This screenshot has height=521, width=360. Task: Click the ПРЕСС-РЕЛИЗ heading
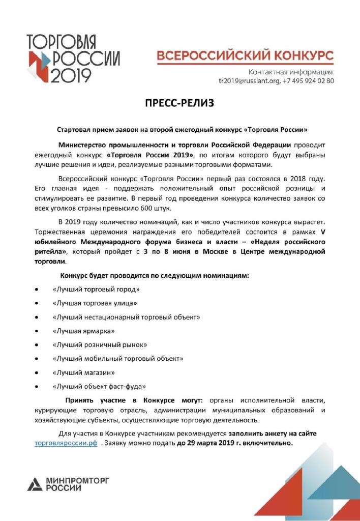(179, 104)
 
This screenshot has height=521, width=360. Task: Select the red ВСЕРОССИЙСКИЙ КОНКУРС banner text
(245, 55)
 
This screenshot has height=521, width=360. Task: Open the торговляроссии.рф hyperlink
(66, 443)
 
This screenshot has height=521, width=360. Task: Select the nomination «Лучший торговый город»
(96, 289)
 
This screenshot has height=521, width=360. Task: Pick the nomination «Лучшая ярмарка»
(83, 331)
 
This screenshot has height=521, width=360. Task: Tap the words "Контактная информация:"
(291, 71)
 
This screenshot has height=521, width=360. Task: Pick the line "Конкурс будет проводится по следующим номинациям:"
(155, 275)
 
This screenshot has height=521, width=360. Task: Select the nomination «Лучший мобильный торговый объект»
(118, 359)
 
